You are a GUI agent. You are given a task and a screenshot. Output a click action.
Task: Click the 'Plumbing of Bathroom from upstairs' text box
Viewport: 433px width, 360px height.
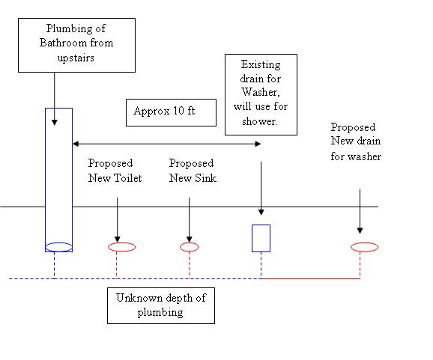pyautogui.click(x=76, y=45)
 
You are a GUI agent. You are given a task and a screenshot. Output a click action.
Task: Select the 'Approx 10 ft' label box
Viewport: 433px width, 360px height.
pyautogui.click(x=171, y=112)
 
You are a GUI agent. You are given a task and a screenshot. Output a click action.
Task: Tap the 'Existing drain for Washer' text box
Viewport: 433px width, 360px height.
pyautogui.click(x=261, y=94)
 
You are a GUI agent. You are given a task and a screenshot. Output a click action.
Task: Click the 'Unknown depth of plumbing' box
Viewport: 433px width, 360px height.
pyautogui.click(x=161, y=305)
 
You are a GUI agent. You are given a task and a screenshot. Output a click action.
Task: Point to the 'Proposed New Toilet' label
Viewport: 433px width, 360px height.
pyautogui.click(x=115, y=171)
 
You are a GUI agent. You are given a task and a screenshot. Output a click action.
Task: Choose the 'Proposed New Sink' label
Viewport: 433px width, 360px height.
pyautogui.click(x=193, y=171)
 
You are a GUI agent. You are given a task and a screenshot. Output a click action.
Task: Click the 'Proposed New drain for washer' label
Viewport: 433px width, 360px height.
pyautogui.click(x=356, y=141)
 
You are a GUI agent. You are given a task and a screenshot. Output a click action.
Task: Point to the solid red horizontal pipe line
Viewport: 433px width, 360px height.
pyautogui.click(x=310, y=278)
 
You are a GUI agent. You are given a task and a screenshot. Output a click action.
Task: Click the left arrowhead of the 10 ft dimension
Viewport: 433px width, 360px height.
pyautogui.click(x=76, y=144)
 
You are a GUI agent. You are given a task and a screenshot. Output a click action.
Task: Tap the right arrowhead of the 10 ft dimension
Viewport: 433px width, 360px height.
pyautogui.click(x=258, y=144)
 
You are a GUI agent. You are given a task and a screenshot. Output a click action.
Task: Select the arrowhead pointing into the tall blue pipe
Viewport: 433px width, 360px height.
pyautogui.click(x=55, y=123)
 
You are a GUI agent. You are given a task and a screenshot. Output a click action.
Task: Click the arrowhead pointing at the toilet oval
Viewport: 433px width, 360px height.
pyautogui.click(x=118, y=240)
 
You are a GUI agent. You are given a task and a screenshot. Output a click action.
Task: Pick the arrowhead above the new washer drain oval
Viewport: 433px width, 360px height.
pyautogui.click(x=360, y=231)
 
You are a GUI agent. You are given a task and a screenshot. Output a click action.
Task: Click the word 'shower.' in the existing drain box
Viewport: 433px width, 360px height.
pyautogui.click(x=260, y=121)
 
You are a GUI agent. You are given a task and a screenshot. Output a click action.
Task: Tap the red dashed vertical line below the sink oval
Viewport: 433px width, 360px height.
pyautogui.click(x=190, y=265)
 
